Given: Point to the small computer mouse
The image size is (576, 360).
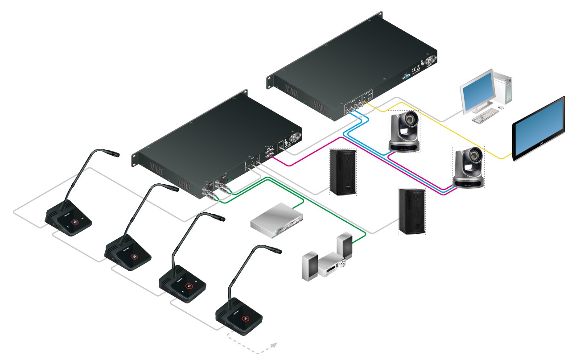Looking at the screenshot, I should coord(501,108).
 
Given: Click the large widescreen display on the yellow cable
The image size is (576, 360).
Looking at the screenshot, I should coord(539,129).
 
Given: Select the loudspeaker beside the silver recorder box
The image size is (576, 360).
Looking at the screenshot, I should coord(342,172).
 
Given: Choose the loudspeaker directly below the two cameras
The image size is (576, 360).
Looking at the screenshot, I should coord(411,211).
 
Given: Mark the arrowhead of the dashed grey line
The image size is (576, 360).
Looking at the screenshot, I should coord(274,344).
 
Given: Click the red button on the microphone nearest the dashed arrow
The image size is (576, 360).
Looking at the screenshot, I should coord(245,318).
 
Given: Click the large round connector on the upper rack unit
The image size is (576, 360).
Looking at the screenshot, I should coord(432,59).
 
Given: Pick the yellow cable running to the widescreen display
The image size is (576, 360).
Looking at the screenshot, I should coord(446,132).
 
